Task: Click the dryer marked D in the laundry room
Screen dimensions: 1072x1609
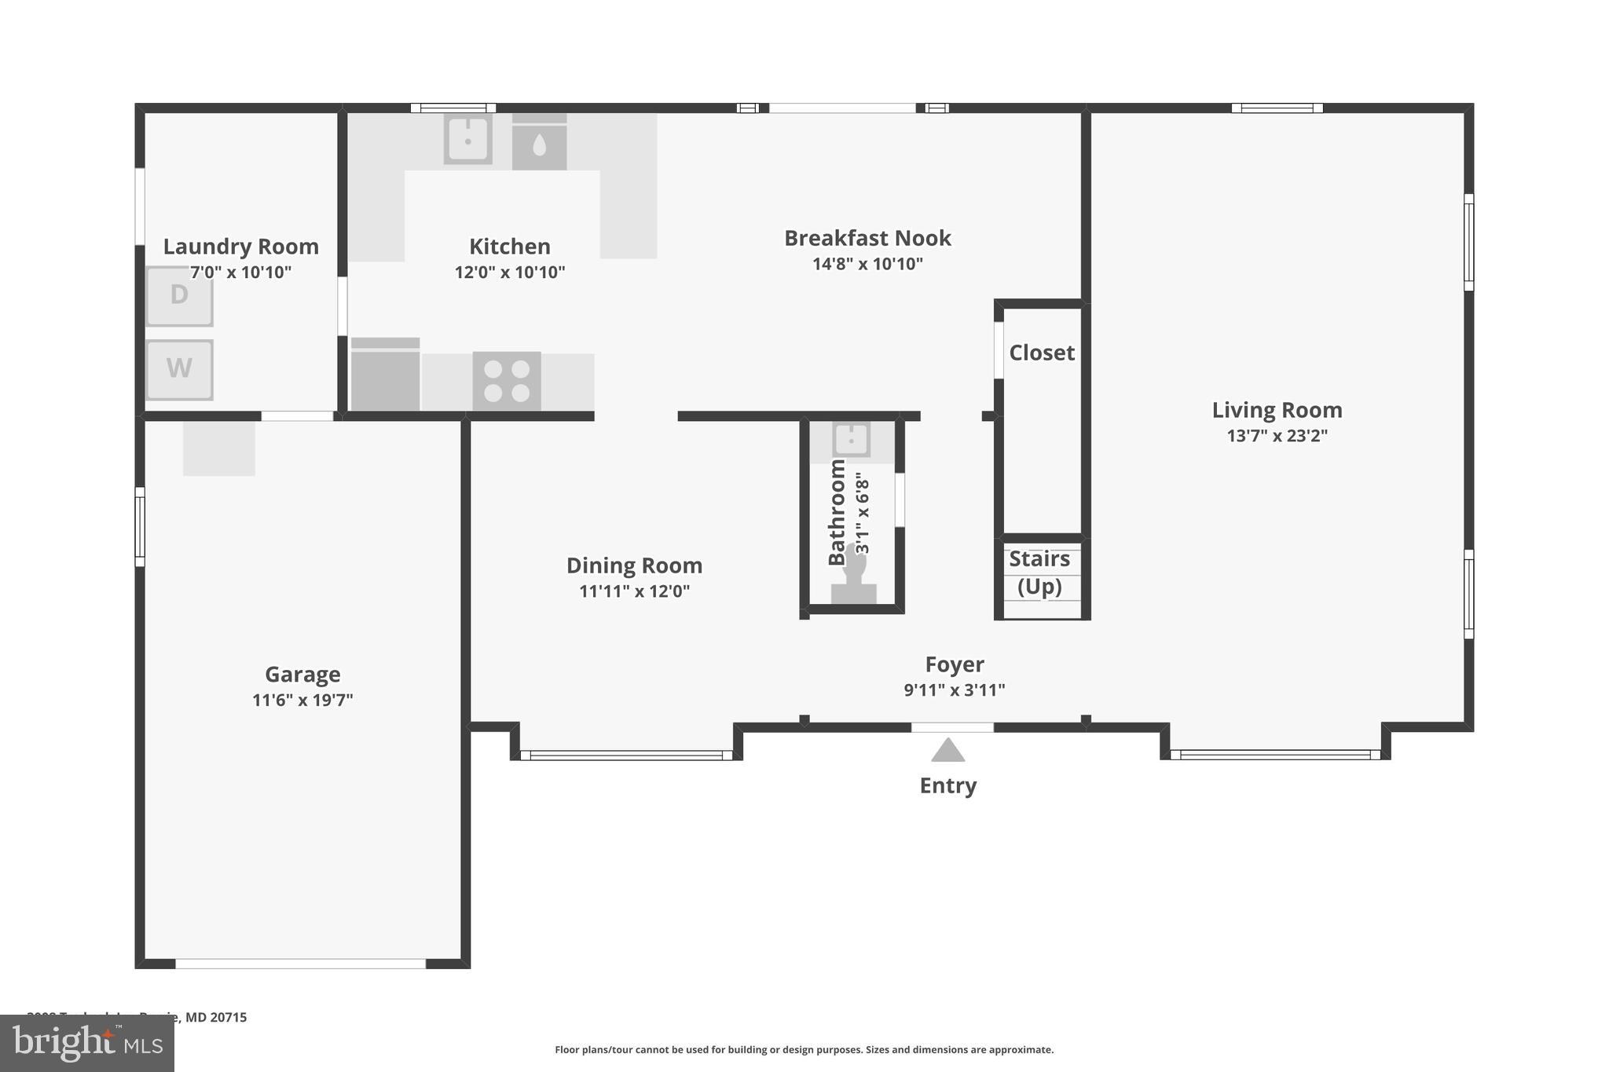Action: [179, 296]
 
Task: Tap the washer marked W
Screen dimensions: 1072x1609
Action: [179, 369]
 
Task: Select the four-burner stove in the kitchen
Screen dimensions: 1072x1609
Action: [507, 381]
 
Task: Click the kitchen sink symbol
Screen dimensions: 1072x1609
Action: [467, 140]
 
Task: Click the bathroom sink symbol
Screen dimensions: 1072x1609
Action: [851, 439]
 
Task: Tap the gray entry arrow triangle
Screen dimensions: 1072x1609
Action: [947, 752]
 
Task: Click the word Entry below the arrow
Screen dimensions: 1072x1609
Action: [947, 785]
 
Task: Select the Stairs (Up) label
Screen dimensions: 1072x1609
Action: [1039, 573]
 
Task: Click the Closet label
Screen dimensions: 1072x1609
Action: [1042, 353]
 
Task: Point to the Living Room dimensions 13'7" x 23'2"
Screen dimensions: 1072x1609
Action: [1277, 436]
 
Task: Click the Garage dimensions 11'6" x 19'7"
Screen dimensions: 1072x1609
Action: [302, 700]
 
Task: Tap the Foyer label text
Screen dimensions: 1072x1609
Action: [955, 664]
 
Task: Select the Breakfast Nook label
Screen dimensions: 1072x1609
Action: [867, 238]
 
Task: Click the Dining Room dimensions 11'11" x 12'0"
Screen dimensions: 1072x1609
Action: [634, 591]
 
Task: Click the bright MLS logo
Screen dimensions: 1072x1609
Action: [86, 1043]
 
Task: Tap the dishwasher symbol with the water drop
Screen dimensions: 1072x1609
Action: [539, 144]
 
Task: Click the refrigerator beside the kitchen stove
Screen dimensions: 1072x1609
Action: [385, 375]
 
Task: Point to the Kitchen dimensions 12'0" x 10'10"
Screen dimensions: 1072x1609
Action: [509, 273]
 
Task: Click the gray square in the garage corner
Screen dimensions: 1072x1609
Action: [219, 448]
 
